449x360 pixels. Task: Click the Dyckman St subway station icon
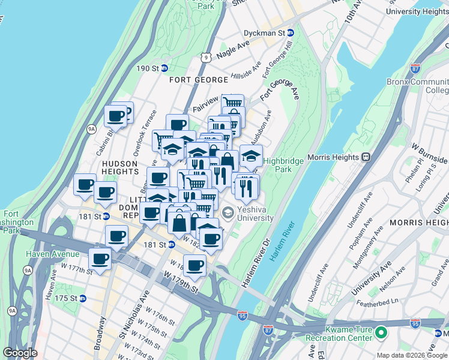click(291, 33)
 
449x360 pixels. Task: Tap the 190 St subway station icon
click(163, 68)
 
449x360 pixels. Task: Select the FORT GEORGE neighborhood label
click(198, 80)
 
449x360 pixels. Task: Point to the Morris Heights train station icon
click(365, 157)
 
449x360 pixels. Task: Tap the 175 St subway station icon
click(83, 298)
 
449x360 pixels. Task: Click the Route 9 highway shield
click(206, 58)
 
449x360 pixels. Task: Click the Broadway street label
click(100, 338)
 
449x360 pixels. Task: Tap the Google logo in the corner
click(20, 353)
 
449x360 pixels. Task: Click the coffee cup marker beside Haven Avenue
click(100, 259)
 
